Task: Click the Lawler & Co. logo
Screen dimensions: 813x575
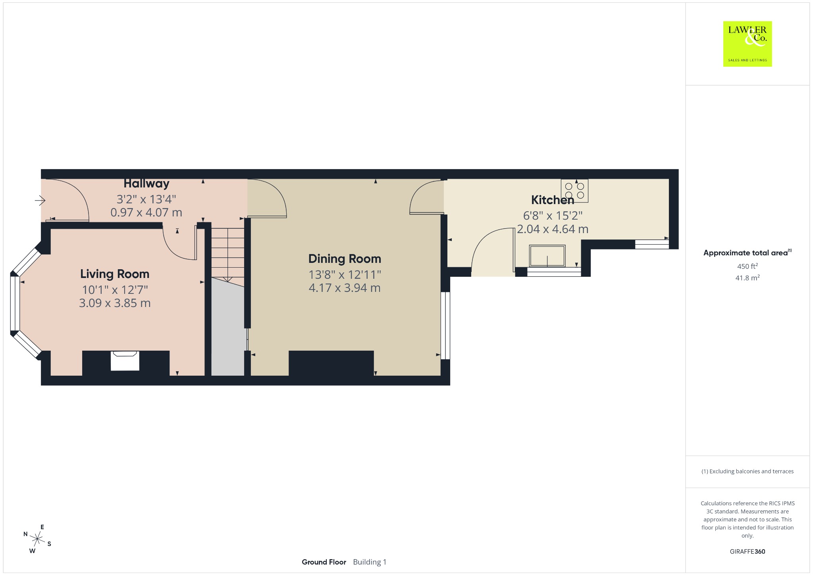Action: tap(747, 44)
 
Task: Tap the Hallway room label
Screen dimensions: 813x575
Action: tap(146, 183)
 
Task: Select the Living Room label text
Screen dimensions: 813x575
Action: tap(115, 274)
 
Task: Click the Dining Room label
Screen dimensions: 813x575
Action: tap(345, 259)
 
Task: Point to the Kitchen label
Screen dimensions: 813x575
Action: tap(553, 200)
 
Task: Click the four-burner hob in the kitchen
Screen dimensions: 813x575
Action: tap(574, 191)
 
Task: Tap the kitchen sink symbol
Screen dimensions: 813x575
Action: tap(547, 256)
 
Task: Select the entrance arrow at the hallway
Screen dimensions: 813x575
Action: tap(40, 201)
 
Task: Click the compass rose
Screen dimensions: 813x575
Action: tap(37, 539)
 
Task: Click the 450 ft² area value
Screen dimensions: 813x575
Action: tap(747, 266)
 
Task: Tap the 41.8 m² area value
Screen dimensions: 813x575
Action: tap(747, 278)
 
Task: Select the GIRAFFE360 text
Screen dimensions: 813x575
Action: tap(747, 551)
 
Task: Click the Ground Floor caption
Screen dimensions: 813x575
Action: tap(324, 562)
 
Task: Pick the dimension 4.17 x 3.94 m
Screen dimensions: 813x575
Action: tap(345, 288)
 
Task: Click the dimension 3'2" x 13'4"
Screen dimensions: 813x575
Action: tap(146, 199)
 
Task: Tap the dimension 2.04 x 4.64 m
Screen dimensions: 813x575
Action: tap(553, 229)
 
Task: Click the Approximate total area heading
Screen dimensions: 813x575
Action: tap(747, 253)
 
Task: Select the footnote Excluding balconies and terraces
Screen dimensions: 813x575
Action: tap(747, 471)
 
